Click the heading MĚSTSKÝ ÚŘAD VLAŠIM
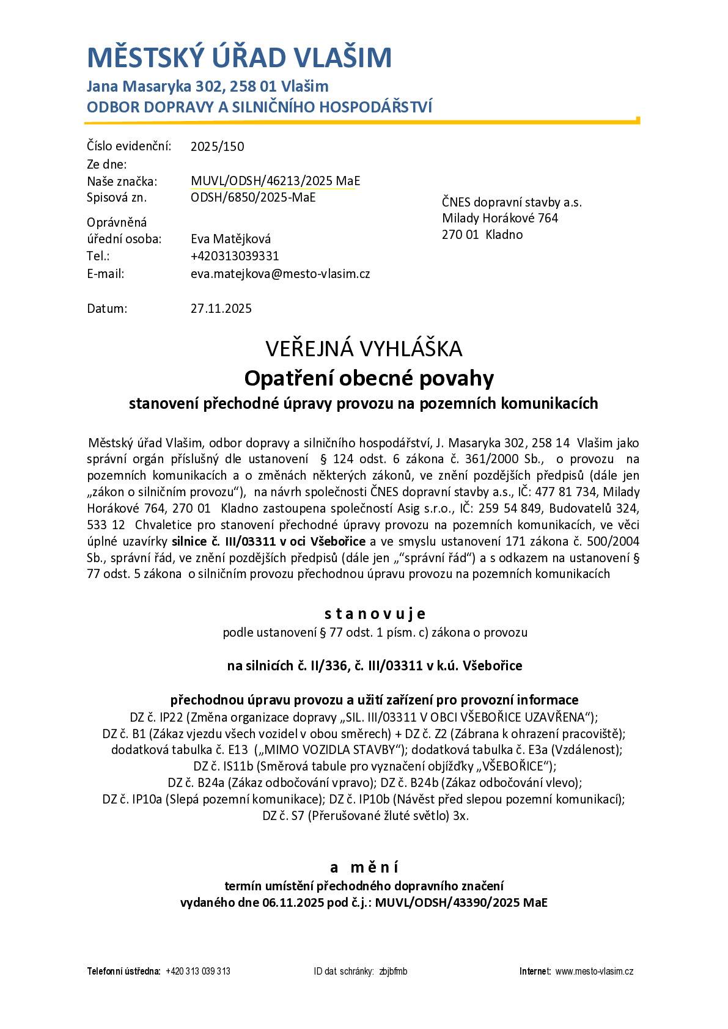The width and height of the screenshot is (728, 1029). (239, 57)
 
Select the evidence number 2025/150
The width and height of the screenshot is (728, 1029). (217, 147)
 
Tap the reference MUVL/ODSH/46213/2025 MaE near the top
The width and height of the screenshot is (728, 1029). (275, 181)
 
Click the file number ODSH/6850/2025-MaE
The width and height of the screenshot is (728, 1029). (253, 197)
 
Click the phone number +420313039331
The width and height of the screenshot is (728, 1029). (235, 256)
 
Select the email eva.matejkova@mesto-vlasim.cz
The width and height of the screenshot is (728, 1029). (280, 274)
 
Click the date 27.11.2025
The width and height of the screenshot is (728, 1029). (221, 309)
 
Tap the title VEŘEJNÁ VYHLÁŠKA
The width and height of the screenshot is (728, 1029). (364, 349)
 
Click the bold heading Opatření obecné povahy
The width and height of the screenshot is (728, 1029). (369, 379)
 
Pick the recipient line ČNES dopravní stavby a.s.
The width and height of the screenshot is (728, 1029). (512, 202)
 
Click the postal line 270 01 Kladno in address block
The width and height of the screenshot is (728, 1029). (482, 235)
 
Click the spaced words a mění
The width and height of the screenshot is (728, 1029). (364, 868)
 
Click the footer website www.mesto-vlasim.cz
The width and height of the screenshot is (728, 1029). (594, 972)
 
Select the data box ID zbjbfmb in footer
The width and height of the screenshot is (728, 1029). (393, 972)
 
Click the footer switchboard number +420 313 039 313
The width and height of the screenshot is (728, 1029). (198, 972)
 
